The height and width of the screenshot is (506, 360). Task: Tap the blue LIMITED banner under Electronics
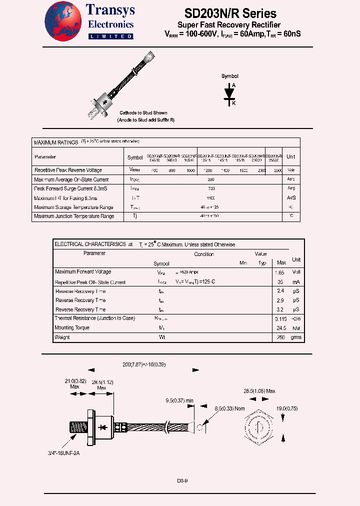(110, 36)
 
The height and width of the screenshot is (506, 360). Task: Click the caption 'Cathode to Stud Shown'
(143, 113)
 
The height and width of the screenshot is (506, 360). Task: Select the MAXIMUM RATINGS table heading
(55, 142)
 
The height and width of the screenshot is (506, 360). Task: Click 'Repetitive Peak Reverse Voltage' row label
(67, 170)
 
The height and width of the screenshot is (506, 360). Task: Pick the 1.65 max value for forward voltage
(279, 272)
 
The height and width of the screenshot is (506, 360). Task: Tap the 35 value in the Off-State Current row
(280, 282)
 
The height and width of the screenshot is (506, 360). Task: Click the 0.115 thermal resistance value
(280, 318)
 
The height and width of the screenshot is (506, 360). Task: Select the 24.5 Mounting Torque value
(280, 328)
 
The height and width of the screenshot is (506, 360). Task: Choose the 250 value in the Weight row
(280, 337)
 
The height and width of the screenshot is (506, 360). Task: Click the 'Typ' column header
(262, 263)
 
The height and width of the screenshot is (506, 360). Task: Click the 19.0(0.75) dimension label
(287, 408)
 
